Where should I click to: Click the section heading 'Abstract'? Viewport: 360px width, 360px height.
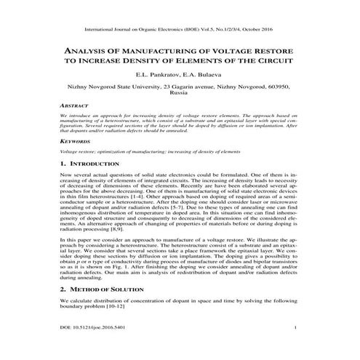coord(74,105)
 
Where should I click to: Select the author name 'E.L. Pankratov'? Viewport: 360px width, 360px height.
coord(158,75)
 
